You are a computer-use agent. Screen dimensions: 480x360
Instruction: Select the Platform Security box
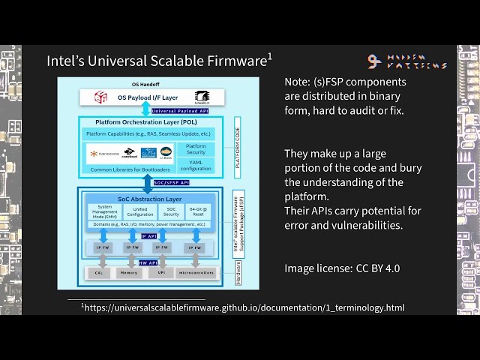point(196,150)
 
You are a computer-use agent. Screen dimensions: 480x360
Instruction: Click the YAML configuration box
point(196,165)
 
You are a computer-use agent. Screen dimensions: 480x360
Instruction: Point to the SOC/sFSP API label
point(170,182)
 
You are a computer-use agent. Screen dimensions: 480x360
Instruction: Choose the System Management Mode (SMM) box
point(106,213)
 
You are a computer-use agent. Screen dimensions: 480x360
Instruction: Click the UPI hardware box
point(160,273)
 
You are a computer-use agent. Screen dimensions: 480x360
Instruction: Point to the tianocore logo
point(104,154)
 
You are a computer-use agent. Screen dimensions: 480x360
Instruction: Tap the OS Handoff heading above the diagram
point(145,84)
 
